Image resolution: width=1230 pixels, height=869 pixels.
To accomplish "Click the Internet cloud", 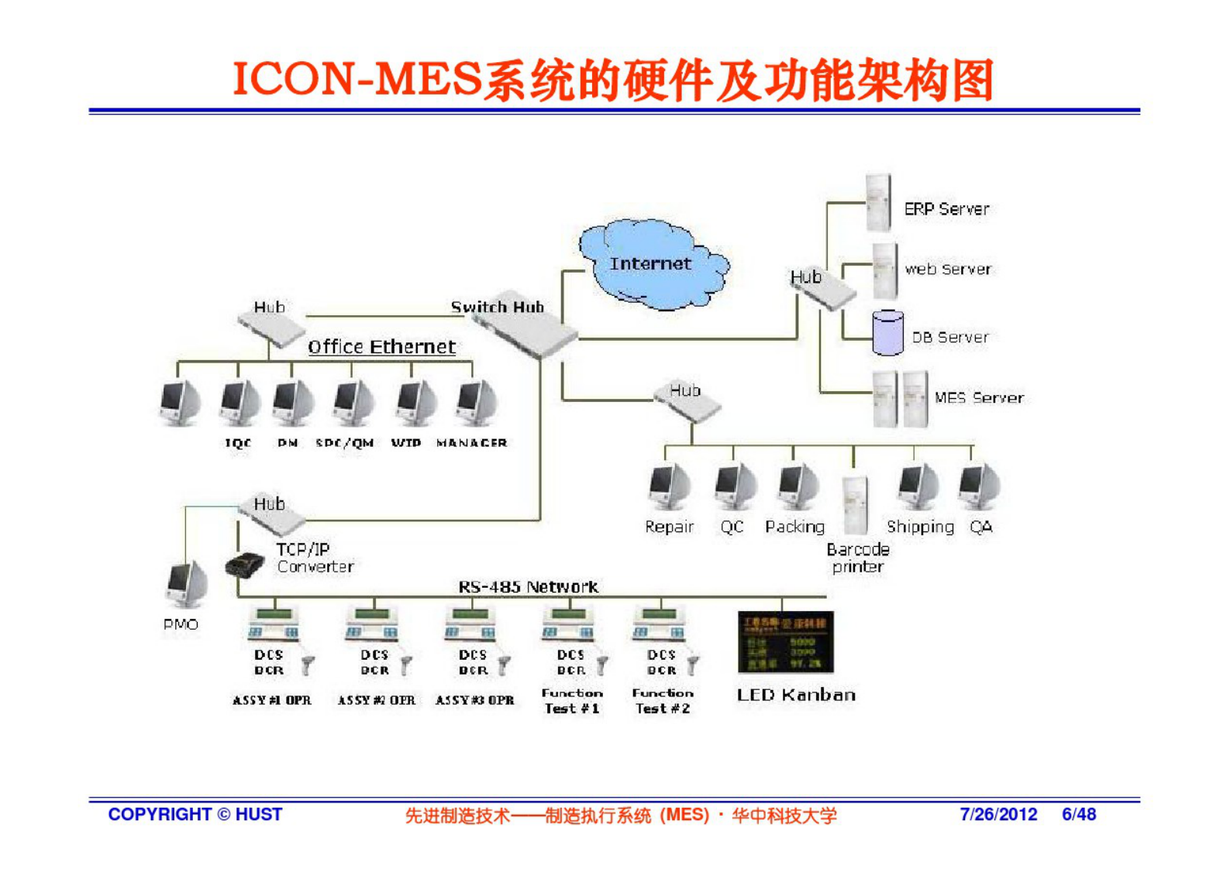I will (651, 265).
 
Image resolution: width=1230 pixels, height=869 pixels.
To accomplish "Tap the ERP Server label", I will (946, 209).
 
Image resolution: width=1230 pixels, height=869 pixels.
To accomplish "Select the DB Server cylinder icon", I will (887, 333).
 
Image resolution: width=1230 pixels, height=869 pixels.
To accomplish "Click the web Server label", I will (947, 270).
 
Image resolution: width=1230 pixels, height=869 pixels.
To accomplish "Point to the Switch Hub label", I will (497, 307).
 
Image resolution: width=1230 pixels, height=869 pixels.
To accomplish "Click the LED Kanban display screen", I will (785, 642).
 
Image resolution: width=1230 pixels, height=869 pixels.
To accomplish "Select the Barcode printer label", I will (857, 558).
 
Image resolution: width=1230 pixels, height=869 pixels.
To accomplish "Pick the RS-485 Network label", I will (528, 586).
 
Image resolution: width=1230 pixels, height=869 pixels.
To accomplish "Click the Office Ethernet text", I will (381, 347).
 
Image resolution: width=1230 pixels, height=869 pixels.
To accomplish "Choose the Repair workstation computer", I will (668, 486).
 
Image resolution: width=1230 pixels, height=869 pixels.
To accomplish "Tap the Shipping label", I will (920, 527).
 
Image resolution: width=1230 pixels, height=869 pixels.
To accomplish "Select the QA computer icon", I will (978, 485).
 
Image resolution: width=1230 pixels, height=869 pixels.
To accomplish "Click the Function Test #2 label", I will (662, 701).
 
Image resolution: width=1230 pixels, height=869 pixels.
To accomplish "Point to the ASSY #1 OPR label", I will (271, 700).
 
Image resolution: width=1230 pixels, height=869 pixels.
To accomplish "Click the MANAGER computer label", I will (471, 443).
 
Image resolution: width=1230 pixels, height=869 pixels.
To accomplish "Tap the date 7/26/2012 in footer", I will (998, 814).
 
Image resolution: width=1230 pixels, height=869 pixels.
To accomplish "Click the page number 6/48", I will (1079, 814).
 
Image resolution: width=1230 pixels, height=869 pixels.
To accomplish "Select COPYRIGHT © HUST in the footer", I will (195, 814).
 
